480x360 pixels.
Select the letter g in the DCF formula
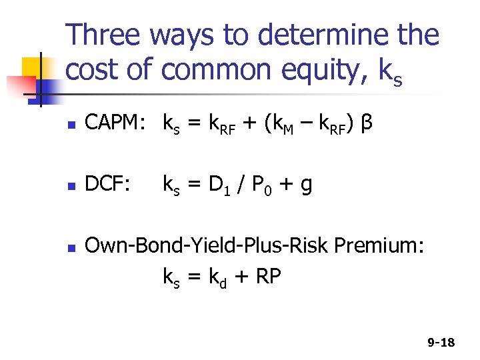tap(306, 187)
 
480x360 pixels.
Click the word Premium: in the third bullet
tap(379, 245)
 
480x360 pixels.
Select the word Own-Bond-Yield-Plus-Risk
tap(208, 246)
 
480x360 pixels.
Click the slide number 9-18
tap(441, 343)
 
